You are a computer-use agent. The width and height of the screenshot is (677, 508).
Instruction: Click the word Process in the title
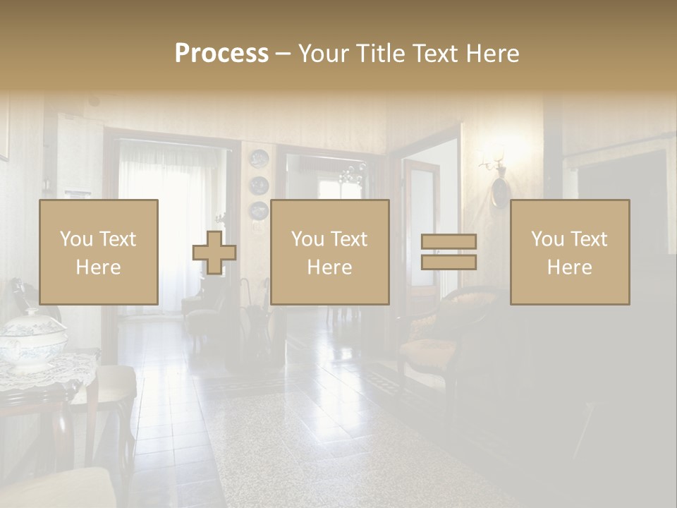tap(221, 54)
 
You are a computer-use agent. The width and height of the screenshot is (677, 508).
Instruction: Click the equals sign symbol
tap(449, 252)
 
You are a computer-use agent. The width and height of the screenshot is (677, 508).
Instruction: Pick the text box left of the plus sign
tap(98, 253)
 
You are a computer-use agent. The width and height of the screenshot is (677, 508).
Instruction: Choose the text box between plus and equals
tap(329, 253)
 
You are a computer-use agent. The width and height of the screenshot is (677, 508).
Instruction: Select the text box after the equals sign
tap(569, 253)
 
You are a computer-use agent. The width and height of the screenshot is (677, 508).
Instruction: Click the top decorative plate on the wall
tap(259, 159)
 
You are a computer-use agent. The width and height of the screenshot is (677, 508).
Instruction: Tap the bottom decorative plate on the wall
tap(259, 210)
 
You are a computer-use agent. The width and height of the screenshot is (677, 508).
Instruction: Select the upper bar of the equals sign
tap(449, 242)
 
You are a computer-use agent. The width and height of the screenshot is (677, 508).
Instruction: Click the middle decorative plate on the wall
tap(259, 185)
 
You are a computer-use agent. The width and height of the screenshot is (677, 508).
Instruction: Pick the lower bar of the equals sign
tap(449, 262)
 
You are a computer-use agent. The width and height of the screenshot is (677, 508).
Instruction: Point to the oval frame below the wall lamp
tap(499, 191)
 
